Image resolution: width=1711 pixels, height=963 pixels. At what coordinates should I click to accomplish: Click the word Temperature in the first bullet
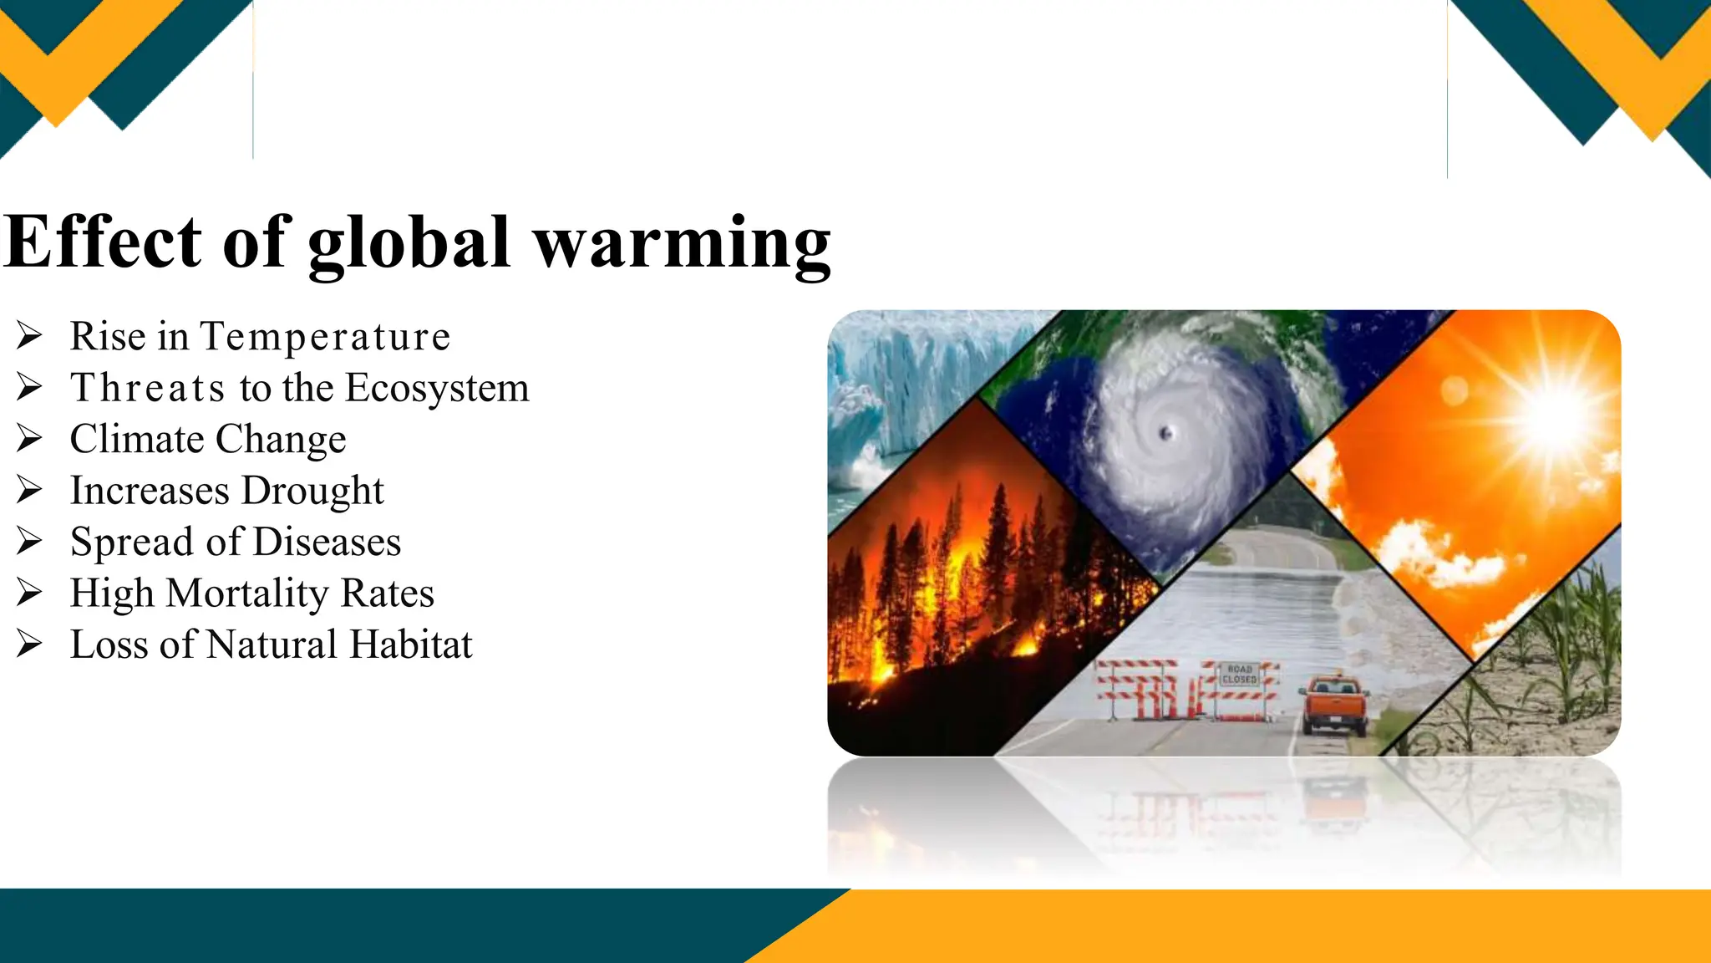pyautogui.click(x=325, y=337)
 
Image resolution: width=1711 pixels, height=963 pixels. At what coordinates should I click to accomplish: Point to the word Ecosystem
pyautogui.click(x=437, y=388)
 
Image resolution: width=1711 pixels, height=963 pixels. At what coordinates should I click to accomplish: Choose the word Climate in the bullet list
pyautogui.click(x=137, y=440)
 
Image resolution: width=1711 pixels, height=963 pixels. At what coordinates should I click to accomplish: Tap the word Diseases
pyautogui.click(x=327, y=542)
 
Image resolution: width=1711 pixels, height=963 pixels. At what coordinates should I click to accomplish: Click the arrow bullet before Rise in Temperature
pyautogui.click(x=29, y=336)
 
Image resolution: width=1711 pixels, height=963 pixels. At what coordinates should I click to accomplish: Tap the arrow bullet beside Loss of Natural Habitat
pyautogui.click(x=29, y=645)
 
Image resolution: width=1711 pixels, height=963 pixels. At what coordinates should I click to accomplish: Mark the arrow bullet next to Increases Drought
pyautogui.click(x=29, y=491)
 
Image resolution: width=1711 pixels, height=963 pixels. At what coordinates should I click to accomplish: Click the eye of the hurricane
pyautogui.click(x=1166, y=432)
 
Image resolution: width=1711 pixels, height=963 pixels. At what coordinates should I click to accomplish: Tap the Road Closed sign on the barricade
pyautogui.click(x=1239, y=675)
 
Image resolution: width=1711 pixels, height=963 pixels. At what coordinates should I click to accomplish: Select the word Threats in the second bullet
pyautogui.click(x=148, y=388)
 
